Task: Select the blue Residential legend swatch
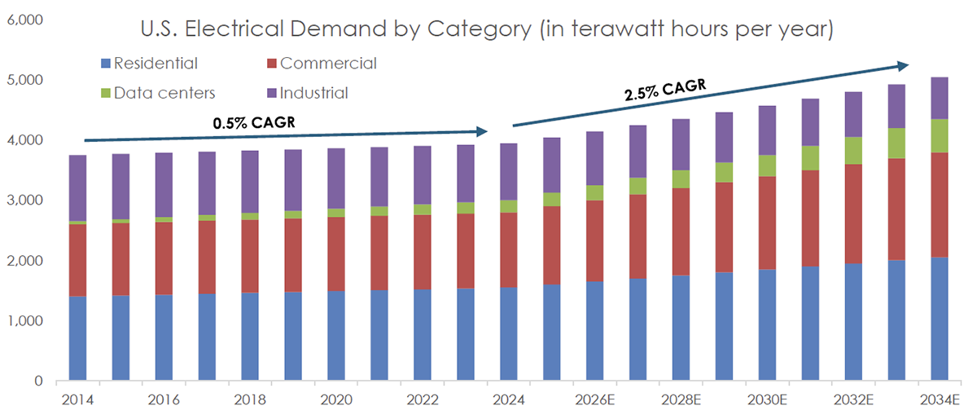tap(103, 64)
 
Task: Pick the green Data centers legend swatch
tap(103, 93)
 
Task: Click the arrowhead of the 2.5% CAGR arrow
tap(904, 65)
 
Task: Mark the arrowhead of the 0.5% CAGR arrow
tap(482, 131)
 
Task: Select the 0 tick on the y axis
tap(37, 381)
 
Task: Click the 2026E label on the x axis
tap(595, 399)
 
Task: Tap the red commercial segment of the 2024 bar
tap(509, 249)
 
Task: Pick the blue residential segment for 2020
tap(336, 336)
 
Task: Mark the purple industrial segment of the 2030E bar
tap(767, 130)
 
